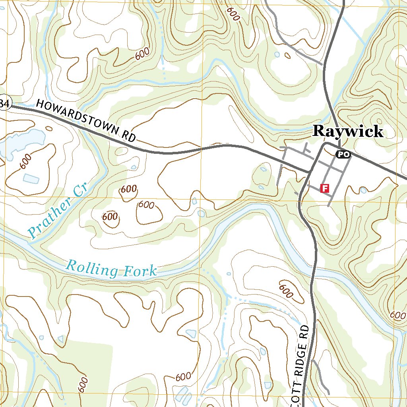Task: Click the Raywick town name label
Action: [348, 131]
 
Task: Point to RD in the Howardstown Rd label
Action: [129, 136]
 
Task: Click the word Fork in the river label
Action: [140, 271]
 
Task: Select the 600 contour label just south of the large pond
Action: [25, 160]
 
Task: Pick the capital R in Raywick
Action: [319, 131]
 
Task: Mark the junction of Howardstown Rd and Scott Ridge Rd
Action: [310, 172]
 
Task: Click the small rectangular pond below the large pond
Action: [31, 178]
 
